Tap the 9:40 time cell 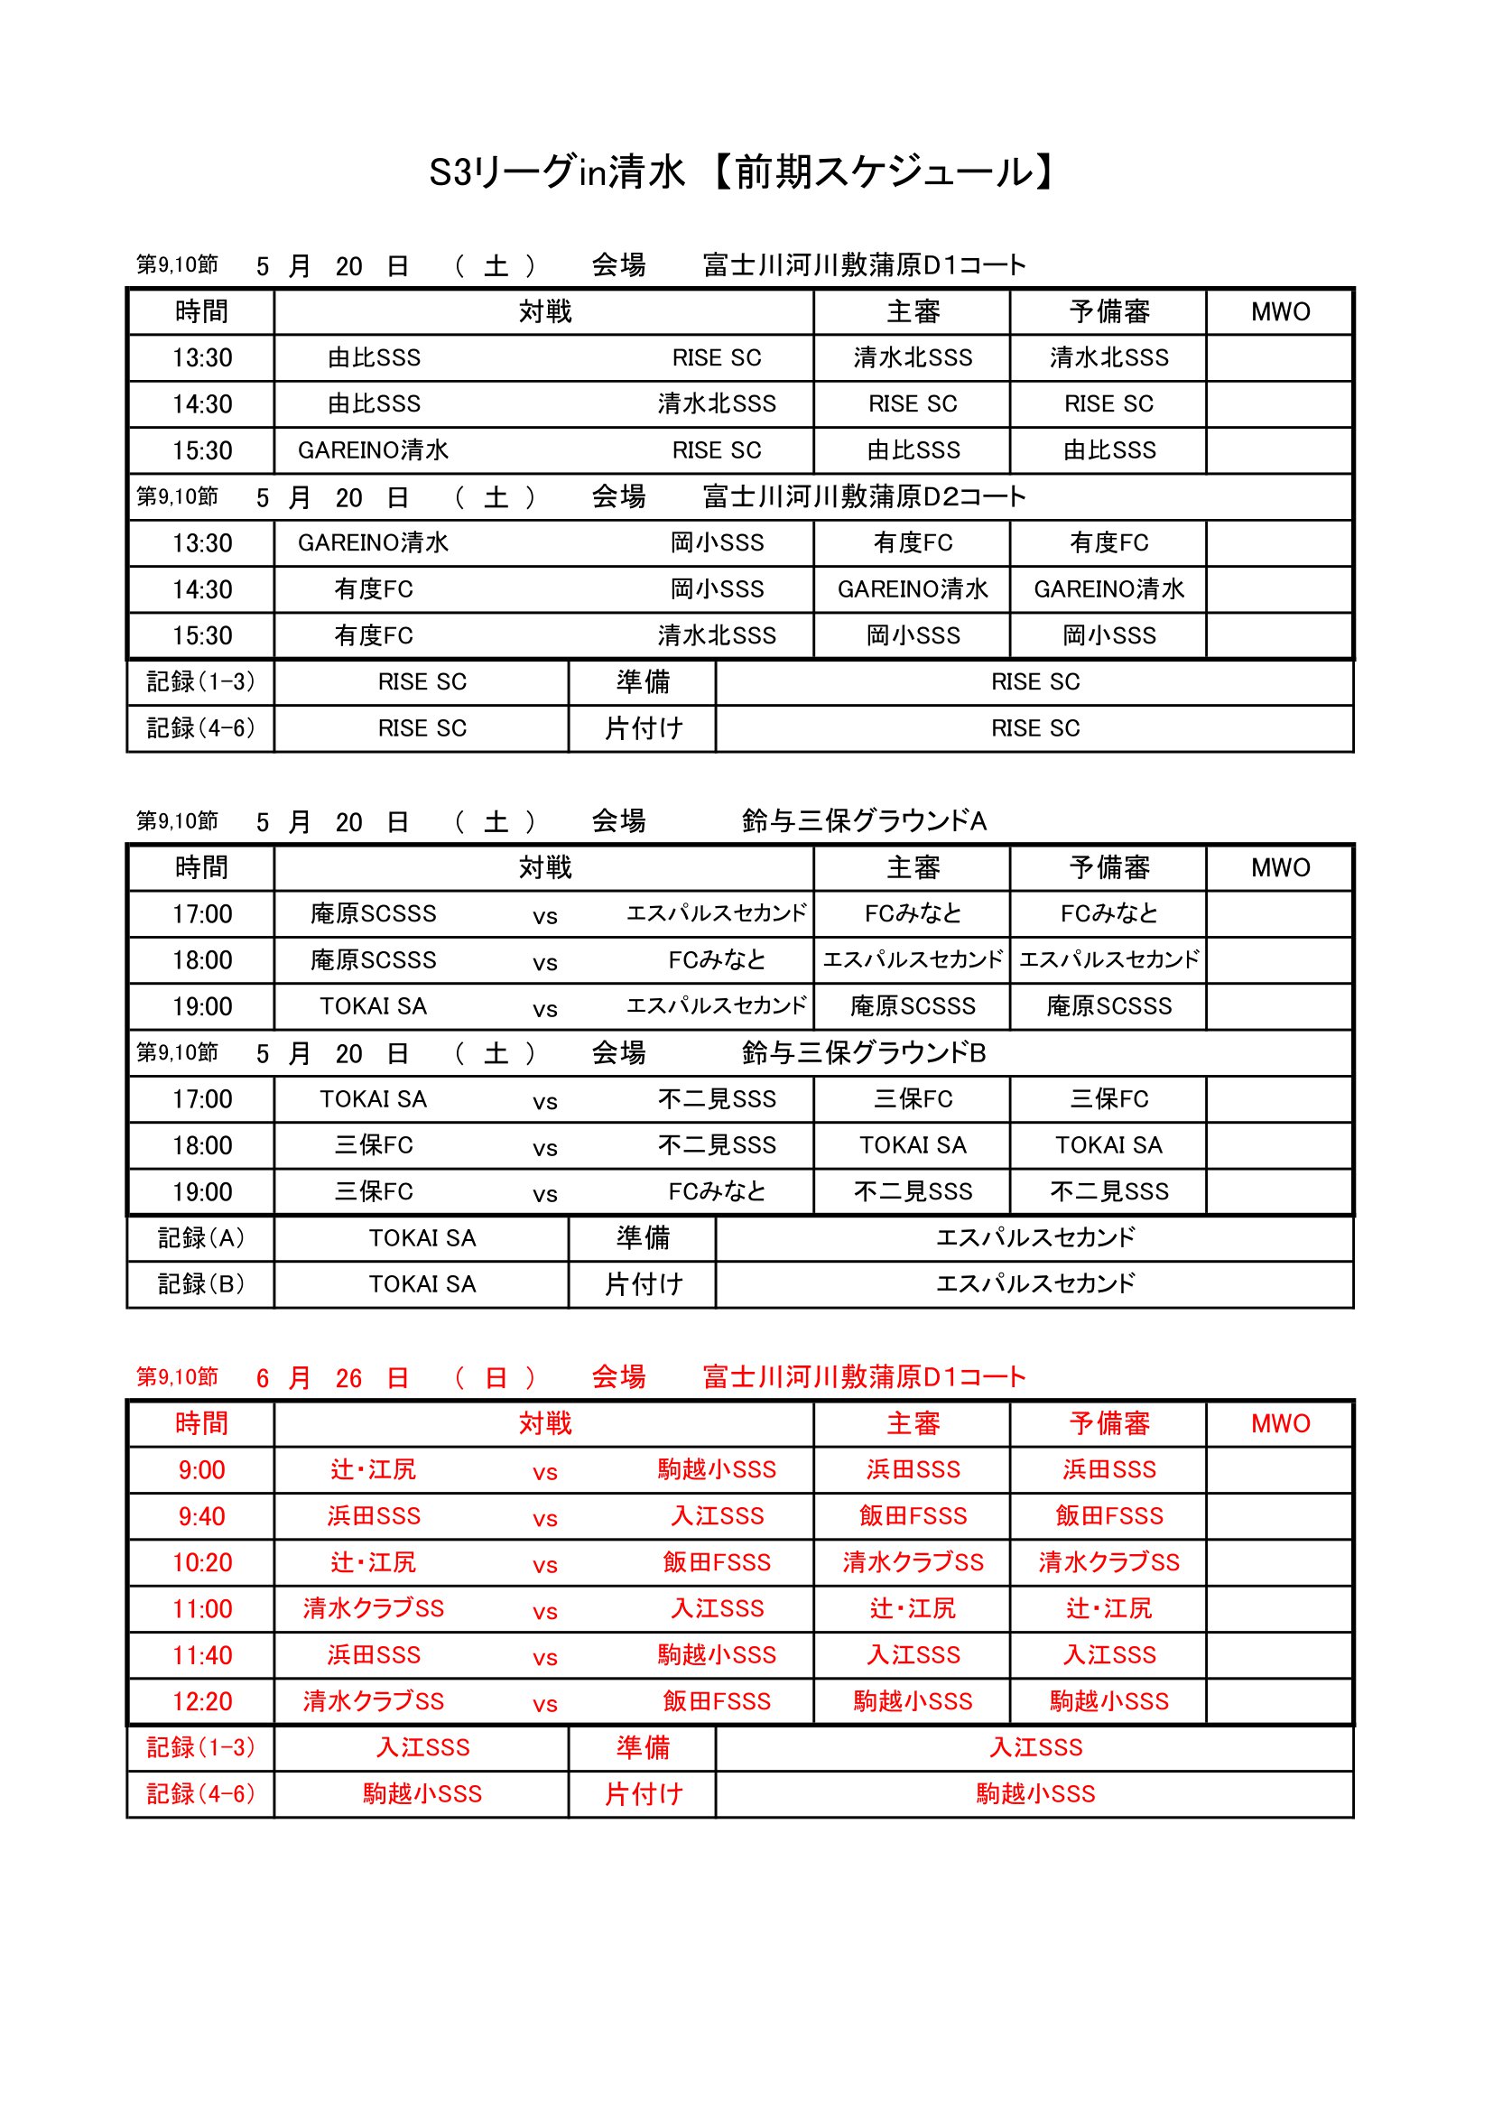click(x=201, y=1516)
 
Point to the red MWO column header click(x=1280, y=1423)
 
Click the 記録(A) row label click(x=200, y=1237)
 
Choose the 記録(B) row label click(x=200, y=1283)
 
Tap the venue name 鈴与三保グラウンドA click(x=863, y=820)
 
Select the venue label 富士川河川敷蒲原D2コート click(x=863, y=496)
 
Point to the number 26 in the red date click(x=348, y=1377)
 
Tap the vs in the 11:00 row click(x=544, y=1611)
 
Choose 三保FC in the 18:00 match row click(x=374, y=1144)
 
